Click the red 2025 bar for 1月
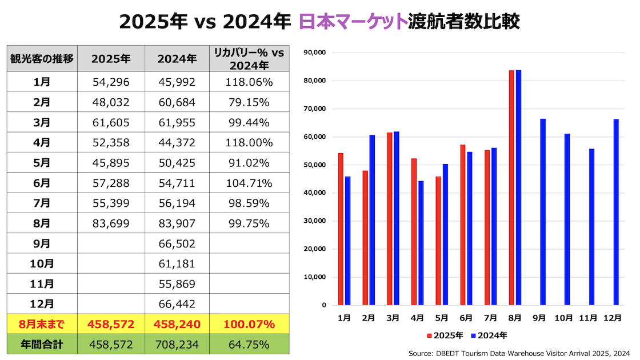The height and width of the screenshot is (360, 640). tap(341, 229)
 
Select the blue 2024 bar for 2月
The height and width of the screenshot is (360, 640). tap(372, 220)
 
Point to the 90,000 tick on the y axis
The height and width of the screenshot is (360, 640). tap(315, 53)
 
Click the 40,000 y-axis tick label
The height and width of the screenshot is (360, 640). tap(315, 193)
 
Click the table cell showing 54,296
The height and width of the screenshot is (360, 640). tap(111, 82)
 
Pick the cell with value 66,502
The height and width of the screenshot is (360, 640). tap(177, 244)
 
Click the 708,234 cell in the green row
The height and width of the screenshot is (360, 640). tap(177, 345)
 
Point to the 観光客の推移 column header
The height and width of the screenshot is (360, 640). tap(42, 58)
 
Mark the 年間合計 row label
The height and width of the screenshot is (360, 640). tap(42, 345)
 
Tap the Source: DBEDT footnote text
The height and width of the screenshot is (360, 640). tap(519, 354)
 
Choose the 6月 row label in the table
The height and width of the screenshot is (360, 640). tap(42, 183)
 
